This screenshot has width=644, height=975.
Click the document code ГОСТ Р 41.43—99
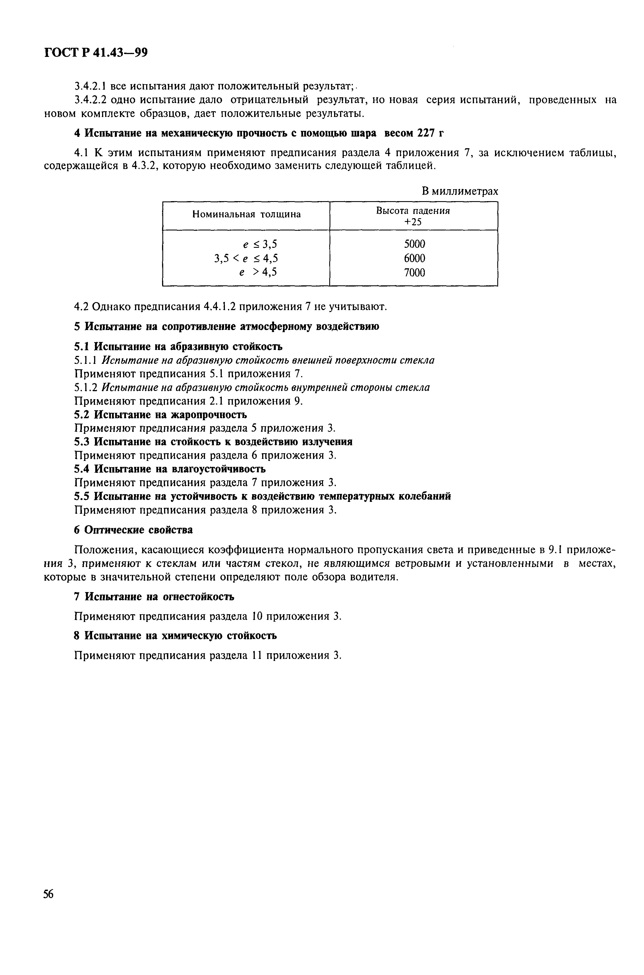pyautogui.click(x=96, y=53)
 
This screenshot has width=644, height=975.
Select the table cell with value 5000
pyautogui.click(x=414, y=244)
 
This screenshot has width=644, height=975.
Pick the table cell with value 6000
pyautogui.click(x=414, y=258)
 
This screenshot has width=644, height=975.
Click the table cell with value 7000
pyautogui.click(x=414, y=272)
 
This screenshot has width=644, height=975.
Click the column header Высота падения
pyautogui.click(x=413, y=211)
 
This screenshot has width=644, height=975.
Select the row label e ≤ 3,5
pyautogui.click(x=260, y=244)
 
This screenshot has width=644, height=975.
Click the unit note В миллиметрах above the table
pyautogui.click(x=459, y=191)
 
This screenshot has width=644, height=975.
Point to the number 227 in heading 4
pyautogui.click(x=426, y=133)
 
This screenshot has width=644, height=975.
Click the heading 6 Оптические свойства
pyautogui.click(x=133, y=530)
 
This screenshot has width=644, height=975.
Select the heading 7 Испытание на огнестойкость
pyautogui.click(x=154, y=597)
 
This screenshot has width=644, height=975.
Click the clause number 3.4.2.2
pyautogui.click(x=90, y=100)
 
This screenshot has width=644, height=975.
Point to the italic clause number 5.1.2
pyautogui.click(x=86, y=387)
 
